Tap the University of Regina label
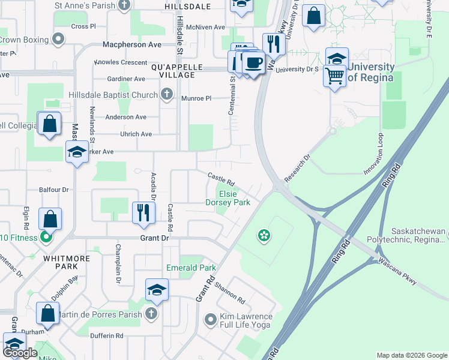point(370,73)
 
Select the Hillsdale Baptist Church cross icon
point(166,95)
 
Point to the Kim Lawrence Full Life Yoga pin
point(210,320)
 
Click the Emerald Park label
point(190,268)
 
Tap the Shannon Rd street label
point(230,292)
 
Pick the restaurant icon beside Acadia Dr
point(143,213)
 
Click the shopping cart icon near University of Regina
point(334,76)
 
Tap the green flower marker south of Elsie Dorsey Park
point(263,236)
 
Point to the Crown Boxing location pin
point(58,40)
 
